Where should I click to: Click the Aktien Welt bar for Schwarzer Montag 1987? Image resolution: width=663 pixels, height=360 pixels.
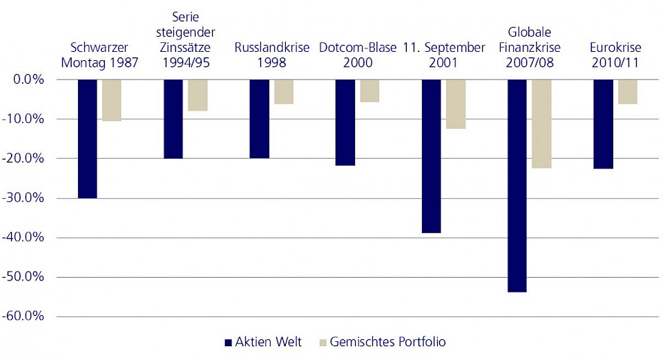pyautogui.click(x=88, y=138)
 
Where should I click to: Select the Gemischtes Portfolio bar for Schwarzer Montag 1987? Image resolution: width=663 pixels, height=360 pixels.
pyautogui.click(x=112, y=100)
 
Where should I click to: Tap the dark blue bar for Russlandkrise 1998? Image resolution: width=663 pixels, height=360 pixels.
pyautogui.click(x=259, y=119)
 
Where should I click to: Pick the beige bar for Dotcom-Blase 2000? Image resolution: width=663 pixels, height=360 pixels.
pyautogui.click(x=369, y=91)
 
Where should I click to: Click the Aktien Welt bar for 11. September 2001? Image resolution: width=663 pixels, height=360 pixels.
pyautogui.click(x=431, y=156)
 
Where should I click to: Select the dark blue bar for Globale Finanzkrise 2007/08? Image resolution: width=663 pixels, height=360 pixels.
pyautogui.click(x=517, y=185)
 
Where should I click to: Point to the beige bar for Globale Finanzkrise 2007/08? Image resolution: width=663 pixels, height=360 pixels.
pyautogui.click(x=541, y=124)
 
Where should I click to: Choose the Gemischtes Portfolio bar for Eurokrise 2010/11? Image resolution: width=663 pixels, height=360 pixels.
pyautogui.click(x=627, y=92)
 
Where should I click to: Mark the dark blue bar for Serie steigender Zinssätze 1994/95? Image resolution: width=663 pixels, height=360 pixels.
pyautogui.click(x=173, y=119)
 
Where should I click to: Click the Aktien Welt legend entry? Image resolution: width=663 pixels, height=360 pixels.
pyautogui.click(x=263, y=342)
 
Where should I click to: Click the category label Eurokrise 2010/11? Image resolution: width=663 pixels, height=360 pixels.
pyautogui.click(x=615, y=55)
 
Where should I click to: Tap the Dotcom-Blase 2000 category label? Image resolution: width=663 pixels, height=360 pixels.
pyautogui.click(x=357, y=55)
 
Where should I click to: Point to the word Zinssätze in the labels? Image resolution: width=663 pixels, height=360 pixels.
pyautogui.click(x=183, y=48)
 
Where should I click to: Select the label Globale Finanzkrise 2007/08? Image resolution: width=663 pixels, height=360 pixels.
pyautogui.click(x=530, y=48)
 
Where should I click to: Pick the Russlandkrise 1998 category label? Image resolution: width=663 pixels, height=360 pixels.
pyautogui.click(x=272, y=55)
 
